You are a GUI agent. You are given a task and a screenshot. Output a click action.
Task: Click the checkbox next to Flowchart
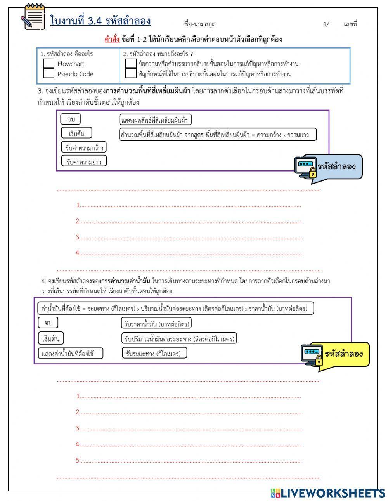49,63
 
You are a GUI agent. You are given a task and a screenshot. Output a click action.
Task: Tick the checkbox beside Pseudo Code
49,73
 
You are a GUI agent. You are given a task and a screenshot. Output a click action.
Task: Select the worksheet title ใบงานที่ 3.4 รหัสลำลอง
100,21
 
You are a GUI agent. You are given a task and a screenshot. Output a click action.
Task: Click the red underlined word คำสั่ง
112,39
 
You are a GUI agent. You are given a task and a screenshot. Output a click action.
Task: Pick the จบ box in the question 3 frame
71,120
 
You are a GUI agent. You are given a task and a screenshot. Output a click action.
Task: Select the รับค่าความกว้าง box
84,147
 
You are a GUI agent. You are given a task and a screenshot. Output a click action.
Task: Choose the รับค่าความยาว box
84,161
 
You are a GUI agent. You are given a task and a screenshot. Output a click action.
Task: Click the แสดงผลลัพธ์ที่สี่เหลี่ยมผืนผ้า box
155,120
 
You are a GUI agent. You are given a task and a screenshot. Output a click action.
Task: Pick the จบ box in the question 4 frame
48,323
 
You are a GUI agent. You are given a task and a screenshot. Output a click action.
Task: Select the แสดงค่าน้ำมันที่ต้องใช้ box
71,354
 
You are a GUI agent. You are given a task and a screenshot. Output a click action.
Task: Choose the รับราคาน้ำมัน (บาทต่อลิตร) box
157,323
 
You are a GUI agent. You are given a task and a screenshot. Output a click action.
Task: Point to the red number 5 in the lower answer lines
78,461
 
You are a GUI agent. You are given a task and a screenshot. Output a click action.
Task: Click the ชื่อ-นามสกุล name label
200,24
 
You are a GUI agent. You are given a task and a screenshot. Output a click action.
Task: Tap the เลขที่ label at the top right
350,24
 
